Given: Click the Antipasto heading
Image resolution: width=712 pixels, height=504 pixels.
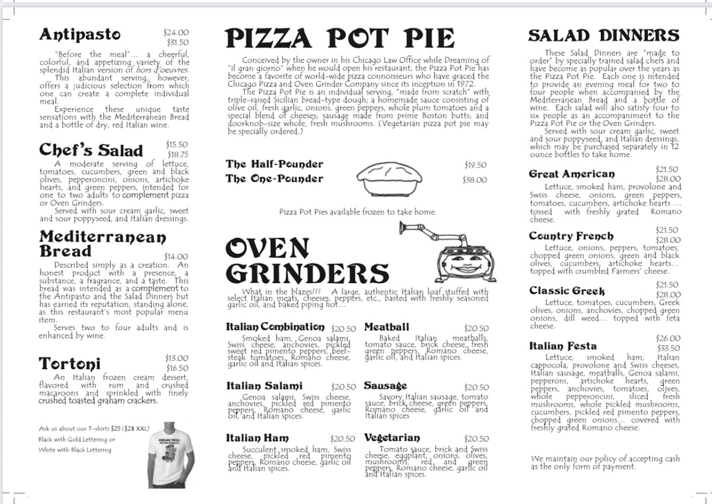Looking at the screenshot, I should point(80,35).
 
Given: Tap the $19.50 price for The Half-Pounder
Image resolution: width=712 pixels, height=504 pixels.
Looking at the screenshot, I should point(475,165).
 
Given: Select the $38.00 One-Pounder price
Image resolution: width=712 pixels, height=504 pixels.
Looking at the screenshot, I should point(475,180).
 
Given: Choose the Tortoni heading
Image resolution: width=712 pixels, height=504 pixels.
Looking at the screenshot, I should point(69,363).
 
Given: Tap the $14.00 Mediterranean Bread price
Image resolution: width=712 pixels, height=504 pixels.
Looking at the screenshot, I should point(176,257).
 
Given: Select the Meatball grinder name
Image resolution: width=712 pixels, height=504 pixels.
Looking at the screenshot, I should point(386,327).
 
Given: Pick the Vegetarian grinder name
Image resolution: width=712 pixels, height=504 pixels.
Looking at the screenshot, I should point(392,438).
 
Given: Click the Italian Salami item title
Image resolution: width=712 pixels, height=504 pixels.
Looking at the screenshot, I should point(264,386).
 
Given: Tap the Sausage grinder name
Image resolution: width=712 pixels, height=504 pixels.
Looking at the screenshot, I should point(385,386).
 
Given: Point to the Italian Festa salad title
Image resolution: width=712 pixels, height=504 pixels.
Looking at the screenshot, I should point(562,346).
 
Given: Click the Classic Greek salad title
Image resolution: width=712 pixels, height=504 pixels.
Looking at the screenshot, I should point(567,291).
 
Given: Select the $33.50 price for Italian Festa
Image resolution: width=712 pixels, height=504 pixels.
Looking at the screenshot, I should point(669,348).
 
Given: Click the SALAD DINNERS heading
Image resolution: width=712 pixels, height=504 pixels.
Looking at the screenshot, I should point(603,36).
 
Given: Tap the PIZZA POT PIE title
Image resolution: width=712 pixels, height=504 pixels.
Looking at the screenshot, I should point(340,39).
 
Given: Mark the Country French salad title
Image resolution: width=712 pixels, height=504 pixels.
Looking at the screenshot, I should point(571,236).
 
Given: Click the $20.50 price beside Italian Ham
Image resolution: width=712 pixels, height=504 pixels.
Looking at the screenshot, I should point(344,439).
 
